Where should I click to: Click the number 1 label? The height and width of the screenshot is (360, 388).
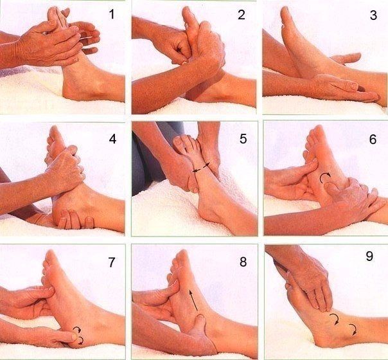[x=112, y=14]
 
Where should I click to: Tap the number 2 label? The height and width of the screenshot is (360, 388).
[x=242, y=15]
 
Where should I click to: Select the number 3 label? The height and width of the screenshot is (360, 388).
[x=373, y=15]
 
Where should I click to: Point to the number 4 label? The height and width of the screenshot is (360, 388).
[x=112, y=139]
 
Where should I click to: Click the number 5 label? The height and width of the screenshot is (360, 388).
[x=243, y=139]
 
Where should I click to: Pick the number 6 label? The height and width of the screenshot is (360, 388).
[x=373, y=139]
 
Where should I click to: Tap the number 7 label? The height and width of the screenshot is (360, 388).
[x=112, y=262]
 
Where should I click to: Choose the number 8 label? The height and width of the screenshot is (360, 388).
[x=243, y=262]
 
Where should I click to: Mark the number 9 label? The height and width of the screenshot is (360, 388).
[x=369, y=256]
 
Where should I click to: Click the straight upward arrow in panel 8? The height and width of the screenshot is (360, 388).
[x=193, y=300]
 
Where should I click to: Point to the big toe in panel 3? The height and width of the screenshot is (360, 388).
[x=285, y=12]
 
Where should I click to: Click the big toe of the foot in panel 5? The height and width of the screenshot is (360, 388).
[x=178, y=142]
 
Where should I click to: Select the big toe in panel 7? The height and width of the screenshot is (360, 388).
[x=51, y=258]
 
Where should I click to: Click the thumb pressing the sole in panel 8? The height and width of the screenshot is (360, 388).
[x=199, y=325]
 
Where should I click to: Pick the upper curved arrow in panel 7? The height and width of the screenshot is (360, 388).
[x=78, y=329]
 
